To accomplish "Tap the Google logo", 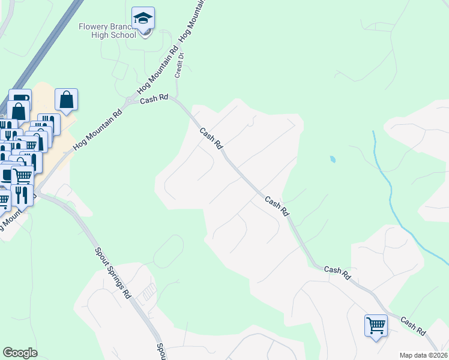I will [x=20, y=353].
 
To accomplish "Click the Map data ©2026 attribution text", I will [x=424, y=355].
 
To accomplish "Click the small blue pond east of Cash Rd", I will [x=332, y=160].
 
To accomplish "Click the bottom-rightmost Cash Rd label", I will [x=413, y=326].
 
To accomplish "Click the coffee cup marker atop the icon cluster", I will [x=20, y=98].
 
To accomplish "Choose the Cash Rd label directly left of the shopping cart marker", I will [x=337, y=273].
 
